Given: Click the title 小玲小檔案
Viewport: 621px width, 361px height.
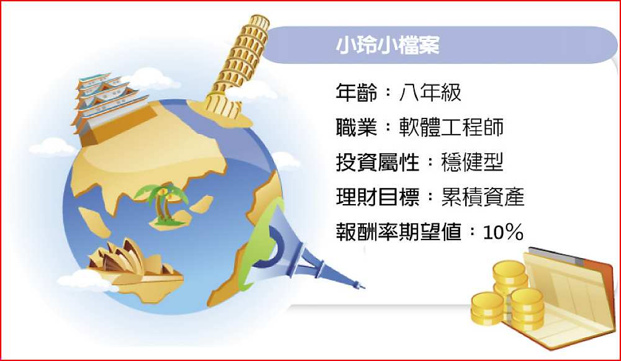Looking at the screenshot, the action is tap(388, 45).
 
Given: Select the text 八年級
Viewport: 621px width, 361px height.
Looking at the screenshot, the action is tap(430, 93).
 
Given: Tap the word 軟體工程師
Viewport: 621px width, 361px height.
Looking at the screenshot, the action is tap(451, 127).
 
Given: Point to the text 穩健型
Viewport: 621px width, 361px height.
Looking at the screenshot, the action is tap(472, 162).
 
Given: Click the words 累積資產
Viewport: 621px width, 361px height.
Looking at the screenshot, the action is tap(483, 197).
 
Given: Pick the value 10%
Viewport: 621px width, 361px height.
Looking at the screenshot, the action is tap(503, 232).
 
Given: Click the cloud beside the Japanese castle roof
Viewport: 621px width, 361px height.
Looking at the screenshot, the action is tap(153, 78).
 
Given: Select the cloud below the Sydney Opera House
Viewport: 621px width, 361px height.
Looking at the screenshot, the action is tap(85, 282).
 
